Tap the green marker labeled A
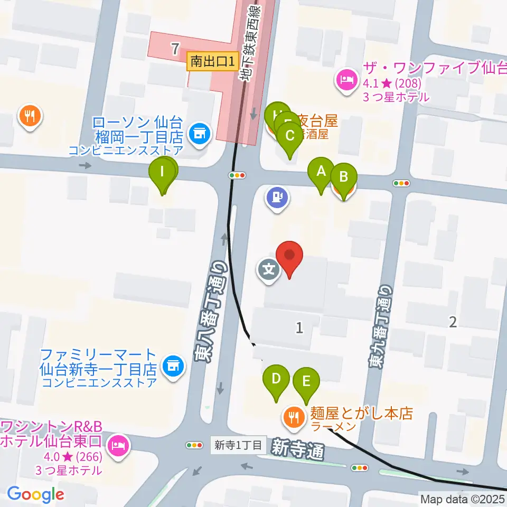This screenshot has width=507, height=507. (x=321, y=172)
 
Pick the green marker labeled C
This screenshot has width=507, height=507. (x=290, y=136)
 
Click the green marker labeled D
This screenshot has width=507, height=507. (x=276, y=380)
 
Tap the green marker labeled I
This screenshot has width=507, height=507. (x=163, y=172)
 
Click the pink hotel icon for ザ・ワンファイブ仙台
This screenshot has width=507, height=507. (x=345, y=81)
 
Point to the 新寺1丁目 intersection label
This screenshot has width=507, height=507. (x=238, y=445)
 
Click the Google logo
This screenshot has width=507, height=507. (x=35, y=494)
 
